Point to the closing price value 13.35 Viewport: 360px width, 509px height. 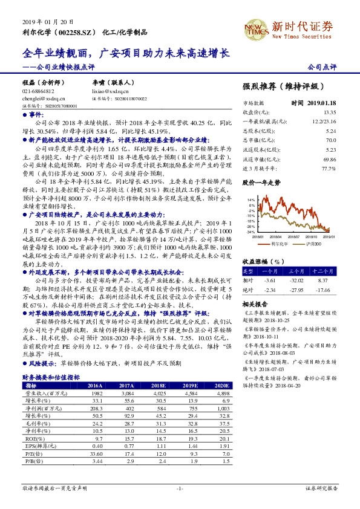click(x=329, y=112)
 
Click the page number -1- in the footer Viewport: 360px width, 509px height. click(x=180, y=488)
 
